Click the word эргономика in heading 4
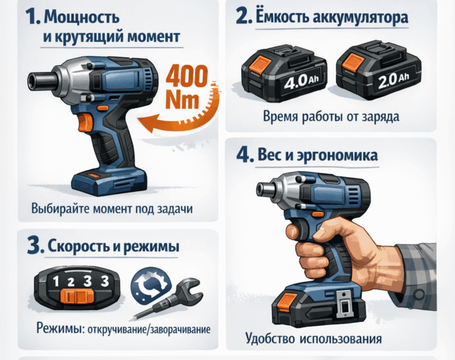(x=340, y=155)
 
